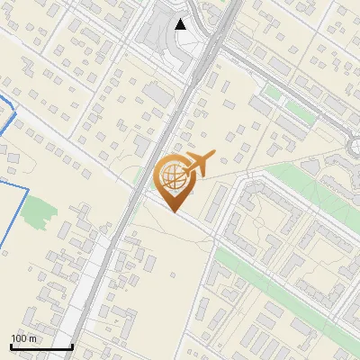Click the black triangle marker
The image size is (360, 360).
[x=181, y=24]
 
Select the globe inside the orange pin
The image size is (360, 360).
[x=172, y=175]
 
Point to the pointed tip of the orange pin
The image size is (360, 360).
[x=174, y=211]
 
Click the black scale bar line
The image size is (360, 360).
[x=41, y=347]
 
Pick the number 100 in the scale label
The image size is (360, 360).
[x=20, y=338]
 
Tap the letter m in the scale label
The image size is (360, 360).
[x=32, y=338]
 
